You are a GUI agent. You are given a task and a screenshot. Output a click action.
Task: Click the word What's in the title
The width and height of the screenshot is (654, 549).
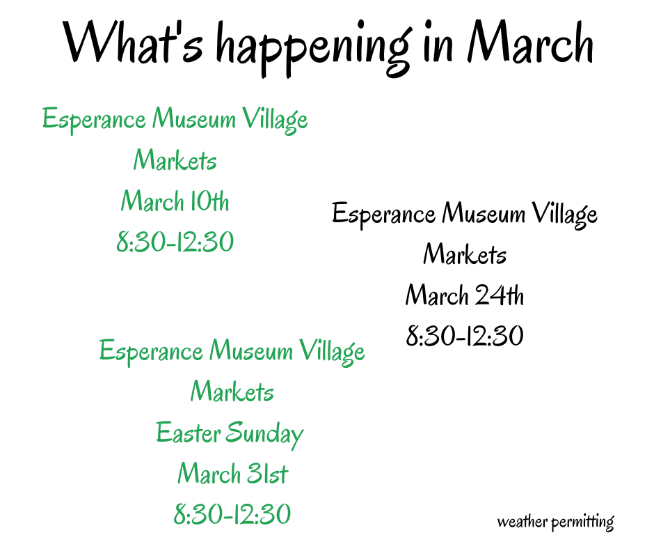pos(133,42)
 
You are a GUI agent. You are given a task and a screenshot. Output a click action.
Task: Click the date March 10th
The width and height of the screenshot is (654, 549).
pos(175,201)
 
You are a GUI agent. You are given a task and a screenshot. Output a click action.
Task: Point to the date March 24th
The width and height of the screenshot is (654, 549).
pos(464,295)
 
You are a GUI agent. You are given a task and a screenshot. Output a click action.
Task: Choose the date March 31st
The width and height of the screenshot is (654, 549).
pos(233,473)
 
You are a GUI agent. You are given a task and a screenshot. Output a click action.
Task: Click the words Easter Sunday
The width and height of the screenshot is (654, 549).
pos(230,434)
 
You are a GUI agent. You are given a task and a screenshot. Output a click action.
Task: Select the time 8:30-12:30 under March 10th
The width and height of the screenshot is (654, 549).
pos(175,242)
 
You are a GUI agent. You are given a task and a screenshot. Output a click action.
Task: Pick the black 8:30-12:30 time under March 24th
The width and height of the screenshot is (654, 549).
pos(465,336)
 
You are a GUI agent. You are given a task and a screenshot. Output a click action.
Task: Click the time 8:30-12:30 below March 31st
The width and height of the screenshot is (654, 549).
pos(232,513)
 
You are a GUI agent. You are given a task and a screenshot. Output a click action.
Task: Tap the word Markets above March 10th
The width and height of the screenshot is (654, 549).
pos(175,160)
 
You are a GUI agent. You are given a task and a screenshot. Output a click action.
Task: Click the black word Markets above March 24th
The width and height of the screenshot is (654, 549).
pos(465,254)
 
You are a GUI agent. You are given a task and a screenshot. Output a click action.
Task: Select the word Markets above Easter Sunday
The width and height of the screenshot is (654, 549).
pos(232,392)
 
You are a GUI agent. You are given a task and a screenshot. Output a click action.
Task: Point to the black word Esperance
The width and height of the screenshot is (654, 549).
pos(384,215)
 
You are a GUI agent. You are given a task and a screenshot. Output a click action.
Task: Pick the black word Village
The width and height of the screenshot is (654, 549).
pos(565,215)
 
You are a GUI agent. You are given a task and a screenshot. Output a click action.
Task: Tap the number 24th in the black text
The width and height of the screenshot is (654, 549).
pos(500,295)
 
